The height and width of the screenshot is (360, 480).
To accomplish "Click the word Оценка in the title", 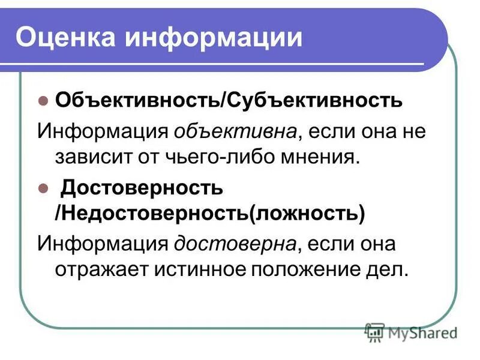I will [65, 37].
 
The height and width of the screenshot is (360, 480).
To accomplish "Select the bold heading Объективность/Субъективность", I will [229, 100].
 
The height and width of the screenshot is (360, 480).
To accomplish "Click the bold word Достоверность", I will [142, 188].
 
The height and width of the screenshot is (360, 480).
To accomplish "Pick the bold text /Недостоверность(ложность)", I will [210, 214].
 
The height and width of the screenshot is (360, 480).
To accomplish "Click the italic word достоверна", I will [236, 244].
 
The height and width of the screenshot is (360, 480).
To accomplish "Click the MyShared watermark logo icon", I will [375, 331].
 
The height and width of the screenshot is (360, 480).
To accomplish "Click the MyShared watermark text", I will [423, 332].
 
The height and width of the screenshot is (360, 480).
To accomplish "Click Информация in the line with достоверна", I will [102, 244].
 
